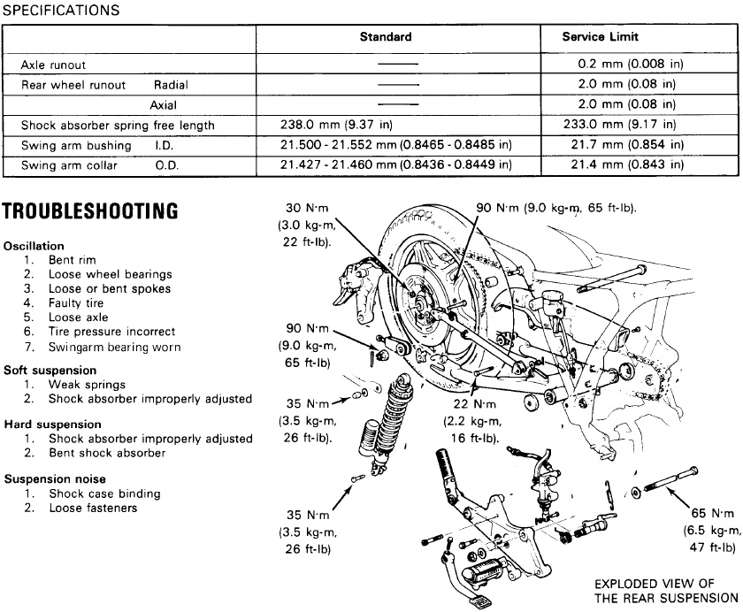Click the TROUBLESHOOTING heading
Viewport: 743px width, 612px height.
91,210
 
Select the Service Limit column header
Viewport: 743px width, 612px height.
600,37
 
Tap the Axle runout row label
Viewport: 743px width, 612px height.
53,65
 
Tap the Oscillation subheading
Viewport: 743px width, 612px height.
34,246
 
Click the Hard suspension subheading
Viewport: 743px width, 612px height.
52,425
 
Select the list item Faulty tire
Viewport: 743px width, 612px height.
76,303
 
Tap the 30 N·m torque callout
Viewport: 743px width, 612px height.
305,226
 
